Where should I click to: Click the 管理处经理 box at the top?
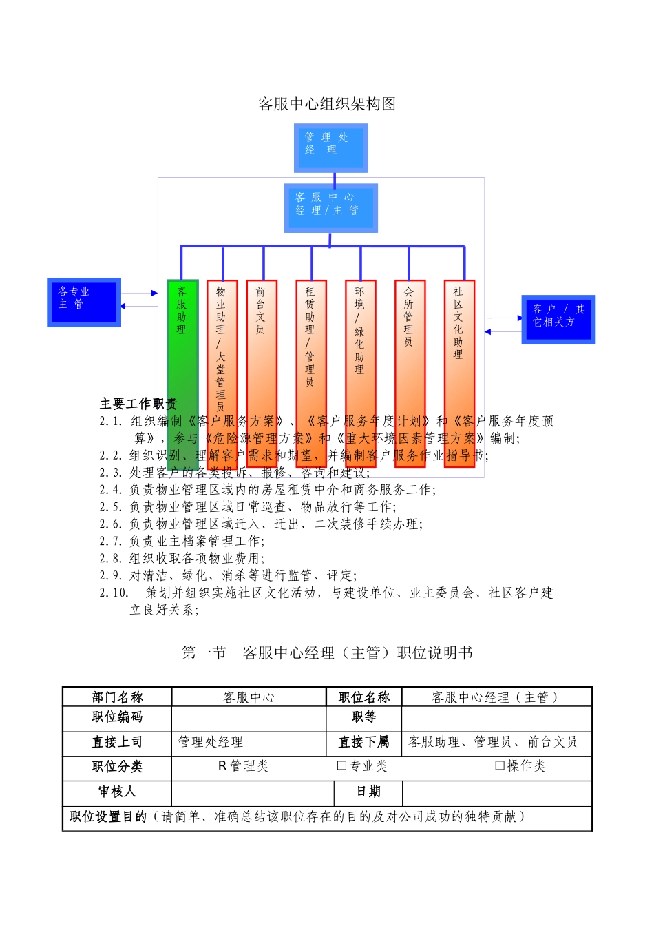(330, 147)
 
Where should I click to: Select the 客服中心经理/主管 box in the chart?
(330, 207)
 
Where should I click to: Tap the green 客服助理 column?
(182, 344)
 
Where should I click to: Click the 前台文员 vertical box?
(262, 344)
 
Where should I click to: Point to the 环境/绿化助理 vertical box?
(360, 344)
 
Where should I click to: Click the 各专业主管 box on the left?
(84, 302)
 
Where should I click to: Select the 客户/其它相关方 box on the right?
(558, 319)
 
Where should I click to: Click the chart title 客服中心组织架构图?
(327, 104)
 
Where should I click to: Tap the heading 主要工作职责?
(138, 404)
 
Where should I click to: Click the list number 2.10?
(114, 593)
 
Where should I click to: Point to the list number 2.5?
(111, 506)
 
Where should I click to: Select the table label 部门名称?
(117, 697)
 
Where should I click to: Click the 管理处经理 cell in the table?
(211, 742)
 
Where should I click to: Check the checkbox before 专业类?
(341, 765)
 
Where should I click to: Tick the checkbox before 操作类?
(500, 765)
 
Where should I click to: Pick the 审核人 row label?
(117, 792)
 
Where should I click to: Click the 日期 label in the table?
(368, 792)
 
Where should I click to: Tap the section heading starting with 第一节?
(327, 652)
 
